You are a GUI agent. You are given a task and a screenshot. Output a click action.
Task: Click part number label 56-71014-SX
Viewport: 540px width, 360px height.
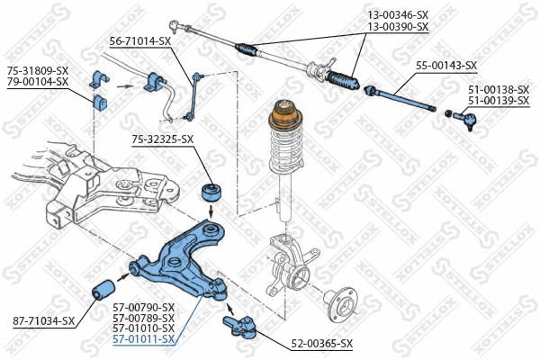tap(139, 41)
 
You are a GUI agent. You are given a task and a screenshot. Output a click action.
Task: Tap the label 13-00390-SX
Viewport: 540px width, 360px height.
tap(398, 27)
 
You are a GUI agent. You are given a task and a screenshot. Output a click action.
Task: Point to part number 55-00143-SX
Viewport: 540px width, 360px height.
tap(445, 66)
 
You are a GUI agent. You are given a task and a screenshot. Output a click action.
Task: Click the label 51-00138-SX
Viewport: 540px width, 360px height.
tap(499, 90)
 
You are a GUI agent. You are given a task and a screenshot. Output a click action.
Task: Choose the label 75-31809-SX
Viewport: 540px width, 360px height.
tap(38, 70)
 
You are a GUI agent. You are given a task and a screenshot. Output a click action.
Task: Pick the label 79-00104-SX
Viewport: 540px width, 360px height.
tap(38, 81)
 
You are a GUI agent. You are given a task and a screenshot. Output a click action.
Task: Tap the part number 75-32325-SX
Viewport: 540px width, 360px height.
tap(163, 139)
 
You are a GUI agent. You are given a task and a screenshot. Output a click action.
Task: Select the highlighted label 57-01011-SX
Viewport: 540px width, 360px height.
tap(144, 339)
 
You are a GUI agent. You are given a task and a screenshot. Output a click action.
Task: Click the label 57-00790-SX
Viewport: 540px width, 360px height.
tap(144, 307)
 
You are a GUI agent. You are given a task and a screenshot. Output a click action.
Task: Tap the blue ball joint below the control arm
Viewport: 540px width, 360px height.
tap(243, 324)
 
